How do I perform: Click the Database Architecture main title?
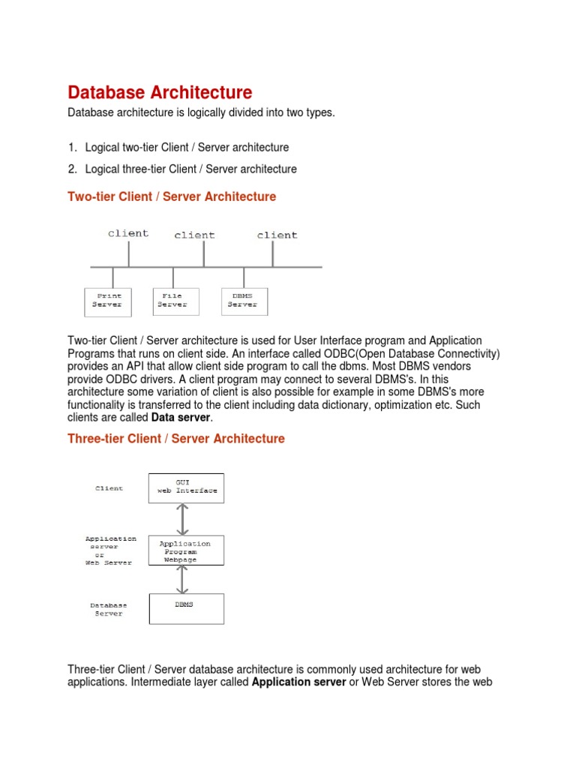[160, 93]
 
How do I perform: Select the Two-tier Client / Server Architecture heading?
[172, 196]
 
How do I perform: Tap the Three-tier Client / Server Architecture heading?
[176, 439]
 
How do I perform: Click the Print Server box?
[106, 301]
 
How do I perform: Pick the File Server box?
[175, 301]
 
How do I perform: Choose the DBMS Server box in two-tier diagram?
[244, 301]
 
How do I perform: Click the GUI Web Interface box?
[186, 487]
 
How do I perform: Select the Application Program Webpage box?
[186, 550]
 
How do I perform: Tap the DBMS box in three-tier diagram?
[186, 608]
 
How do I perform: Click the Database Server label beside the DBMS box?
[109, 609]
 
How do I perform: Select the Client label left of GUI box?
[109, 488]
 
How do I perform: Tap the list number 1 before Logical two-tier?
[72, 148]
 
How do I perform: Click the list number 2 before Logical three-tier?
[72, 169]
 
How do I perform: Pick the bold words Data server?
[181, 418]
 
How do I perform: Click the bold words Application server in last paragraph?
[298, 682]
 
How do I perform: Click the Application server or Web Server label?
[109, 550]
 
